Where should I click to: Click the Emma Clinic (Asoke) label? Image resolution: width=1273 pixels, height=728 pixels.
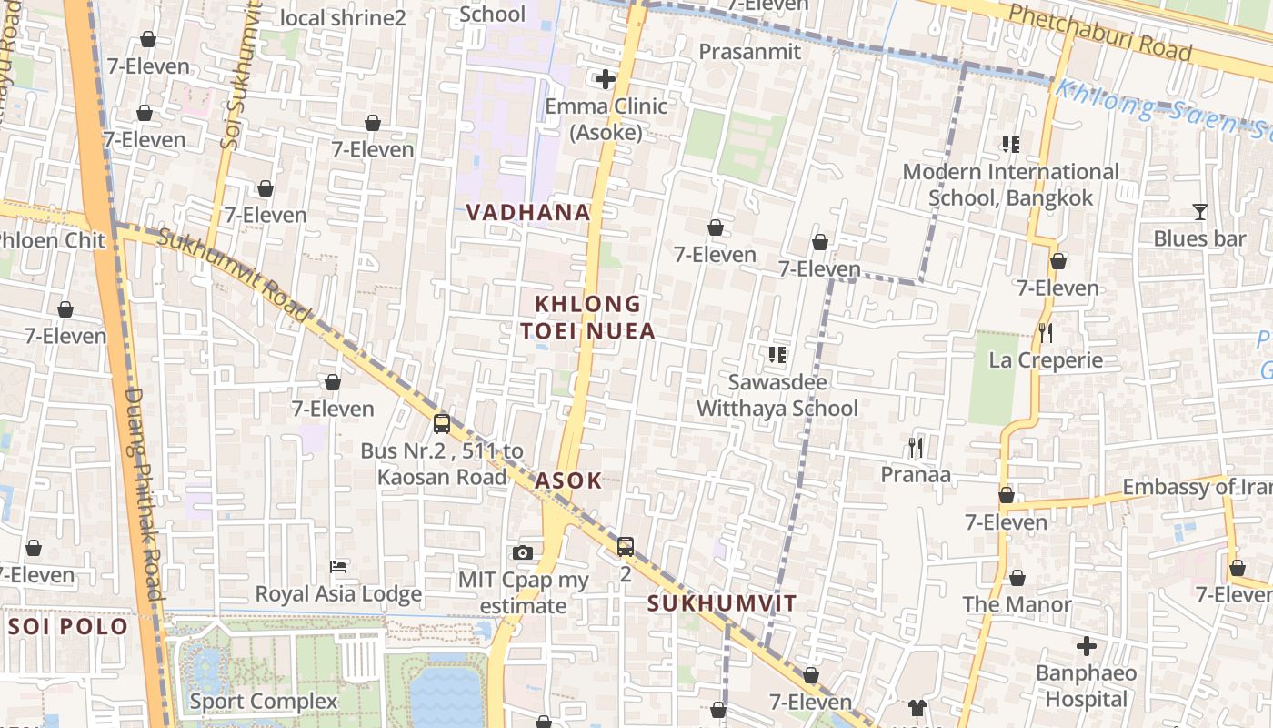pyautogui.click(x=606, y=119)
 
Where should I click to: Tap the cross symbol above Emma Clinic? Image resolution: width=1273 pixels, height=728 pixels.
pyautogui.click(x=606, y=79)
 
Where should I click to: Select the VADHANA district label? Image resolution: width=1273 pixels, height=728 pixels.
pyautogui.click(x=527, y=213)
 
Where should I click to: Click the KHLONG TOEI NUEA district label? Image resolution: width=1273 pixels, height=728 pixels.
pyautogui.click(x=587, y=317)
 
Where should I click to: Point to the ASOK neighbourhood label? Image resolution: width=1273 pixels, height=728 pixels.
pyautogui.click(x=568, y=480)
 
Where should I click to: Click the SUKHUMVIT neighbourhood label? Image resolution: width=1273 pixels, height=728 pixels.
pyautogui.click(x=722, y=603)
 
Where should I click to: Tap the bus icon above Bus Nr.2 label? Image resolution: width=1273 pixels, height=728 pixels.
pyautogui.click(x=441, y=423)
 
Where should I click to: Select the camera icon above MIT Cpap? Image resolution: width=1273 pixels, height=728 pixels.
pyautogui.click(x=522, y=552)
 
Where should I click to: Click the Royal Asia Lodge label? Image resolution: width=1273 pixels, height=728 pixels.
pyautogui.click(x=338, y=594)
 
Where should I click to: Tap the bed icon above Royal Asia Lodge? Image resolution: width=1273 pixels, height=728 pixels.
pyautogui.click(x=338, y=567)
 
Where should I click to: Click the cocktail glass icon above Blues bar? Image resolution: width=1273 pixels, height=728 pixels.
pyautogui.click(x=1199, y=212)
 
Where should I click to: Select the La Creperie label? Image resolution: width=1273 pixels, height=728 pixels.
pyautogui.click(x=1046, y=360)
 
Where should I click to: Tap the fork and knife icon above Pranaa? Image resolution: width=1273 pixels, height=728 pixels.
pyautogui.click(x=916, y=447)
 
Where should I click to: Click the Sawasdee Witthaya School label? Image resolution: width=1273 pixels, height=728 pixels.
pyautogui.click(x=777, y=395)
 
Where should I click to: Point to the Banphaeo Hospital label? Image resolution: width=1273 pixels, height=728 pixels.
pyautogui.click(x=1086, y=686)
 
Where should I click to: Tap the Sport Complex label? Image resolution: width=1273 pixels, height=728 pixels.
pyautogui.click(x=263, y=702)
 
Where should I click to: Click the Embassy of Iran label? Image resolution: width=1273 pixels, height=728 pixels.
pyautogui.click(x=1197, y=487)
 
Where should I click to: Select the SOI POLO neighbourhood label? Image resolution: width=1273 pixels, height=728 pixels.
pyautogui.click(x=68, y=627)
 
